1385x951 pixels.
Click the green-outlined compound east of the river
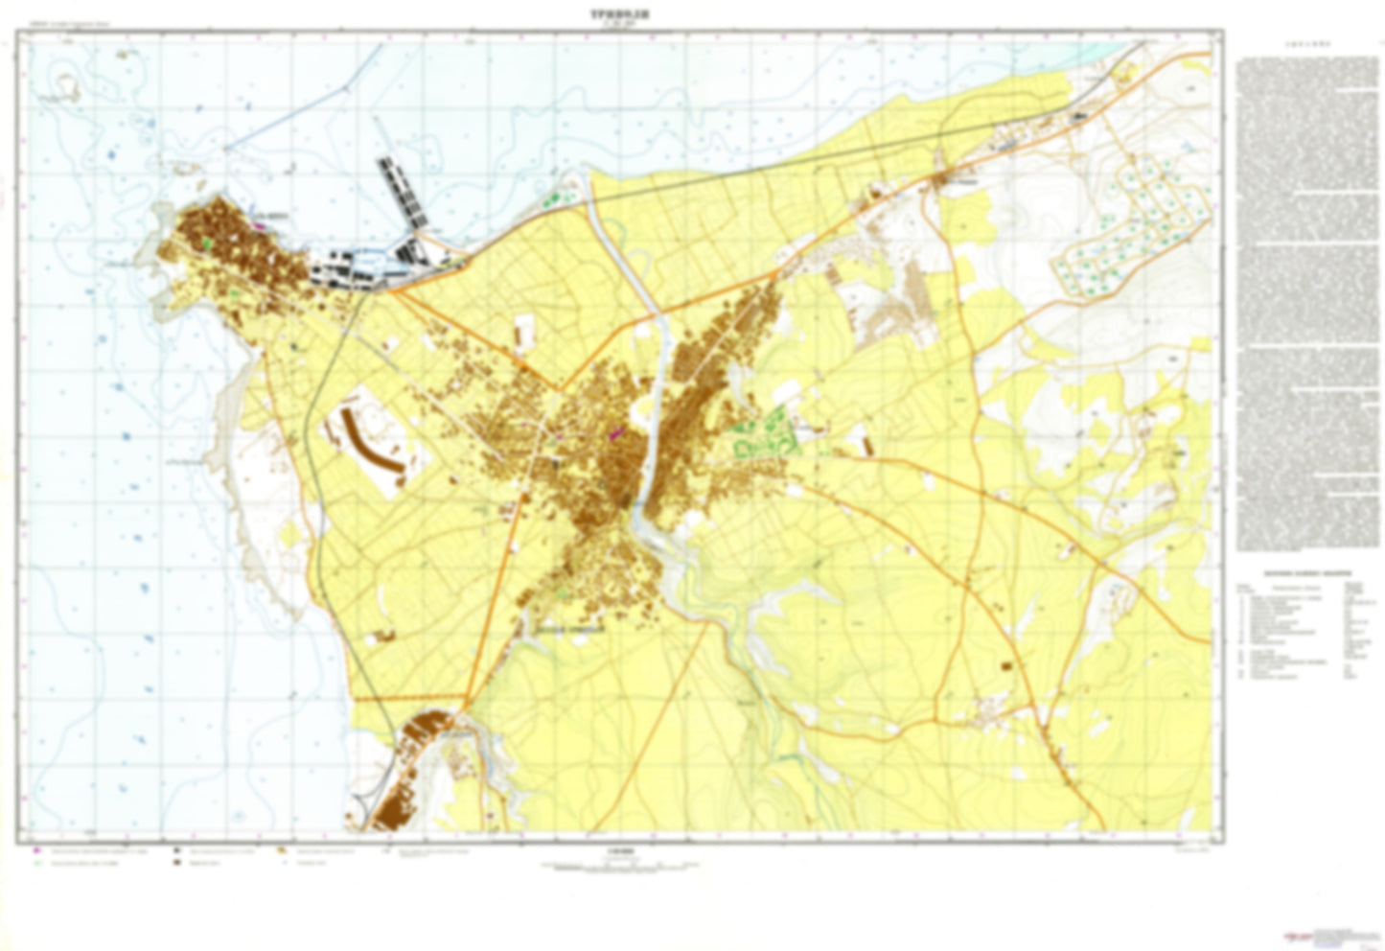coord(763,435)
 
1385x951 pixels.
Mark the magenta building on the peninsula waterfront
coord(260,226)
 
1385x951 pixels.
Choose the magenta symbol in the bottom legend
coord(36,850)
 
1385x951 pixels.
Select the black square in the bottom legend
coord(177,850)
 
